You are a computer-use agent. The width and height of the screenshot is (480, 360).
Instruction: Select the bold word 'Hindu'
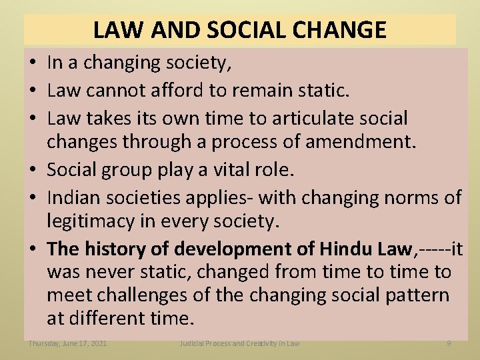coord(347,249)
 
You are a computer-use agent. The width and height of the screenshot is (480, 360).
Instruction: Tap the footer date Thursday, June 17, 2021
coord(67,343)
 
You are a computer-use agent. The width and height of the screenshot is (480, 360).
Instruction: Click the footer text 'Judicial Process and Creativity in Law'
coord(240,343)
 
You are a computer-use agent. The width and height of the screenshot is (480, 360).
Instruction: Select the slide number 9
coord(449,343)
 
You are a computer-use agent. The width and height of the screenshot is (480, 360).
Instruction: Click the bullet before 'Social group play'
coord(33,170)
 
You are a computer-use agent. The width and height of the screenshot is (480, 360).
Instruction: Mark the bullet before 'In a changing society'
coord(33,63)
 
